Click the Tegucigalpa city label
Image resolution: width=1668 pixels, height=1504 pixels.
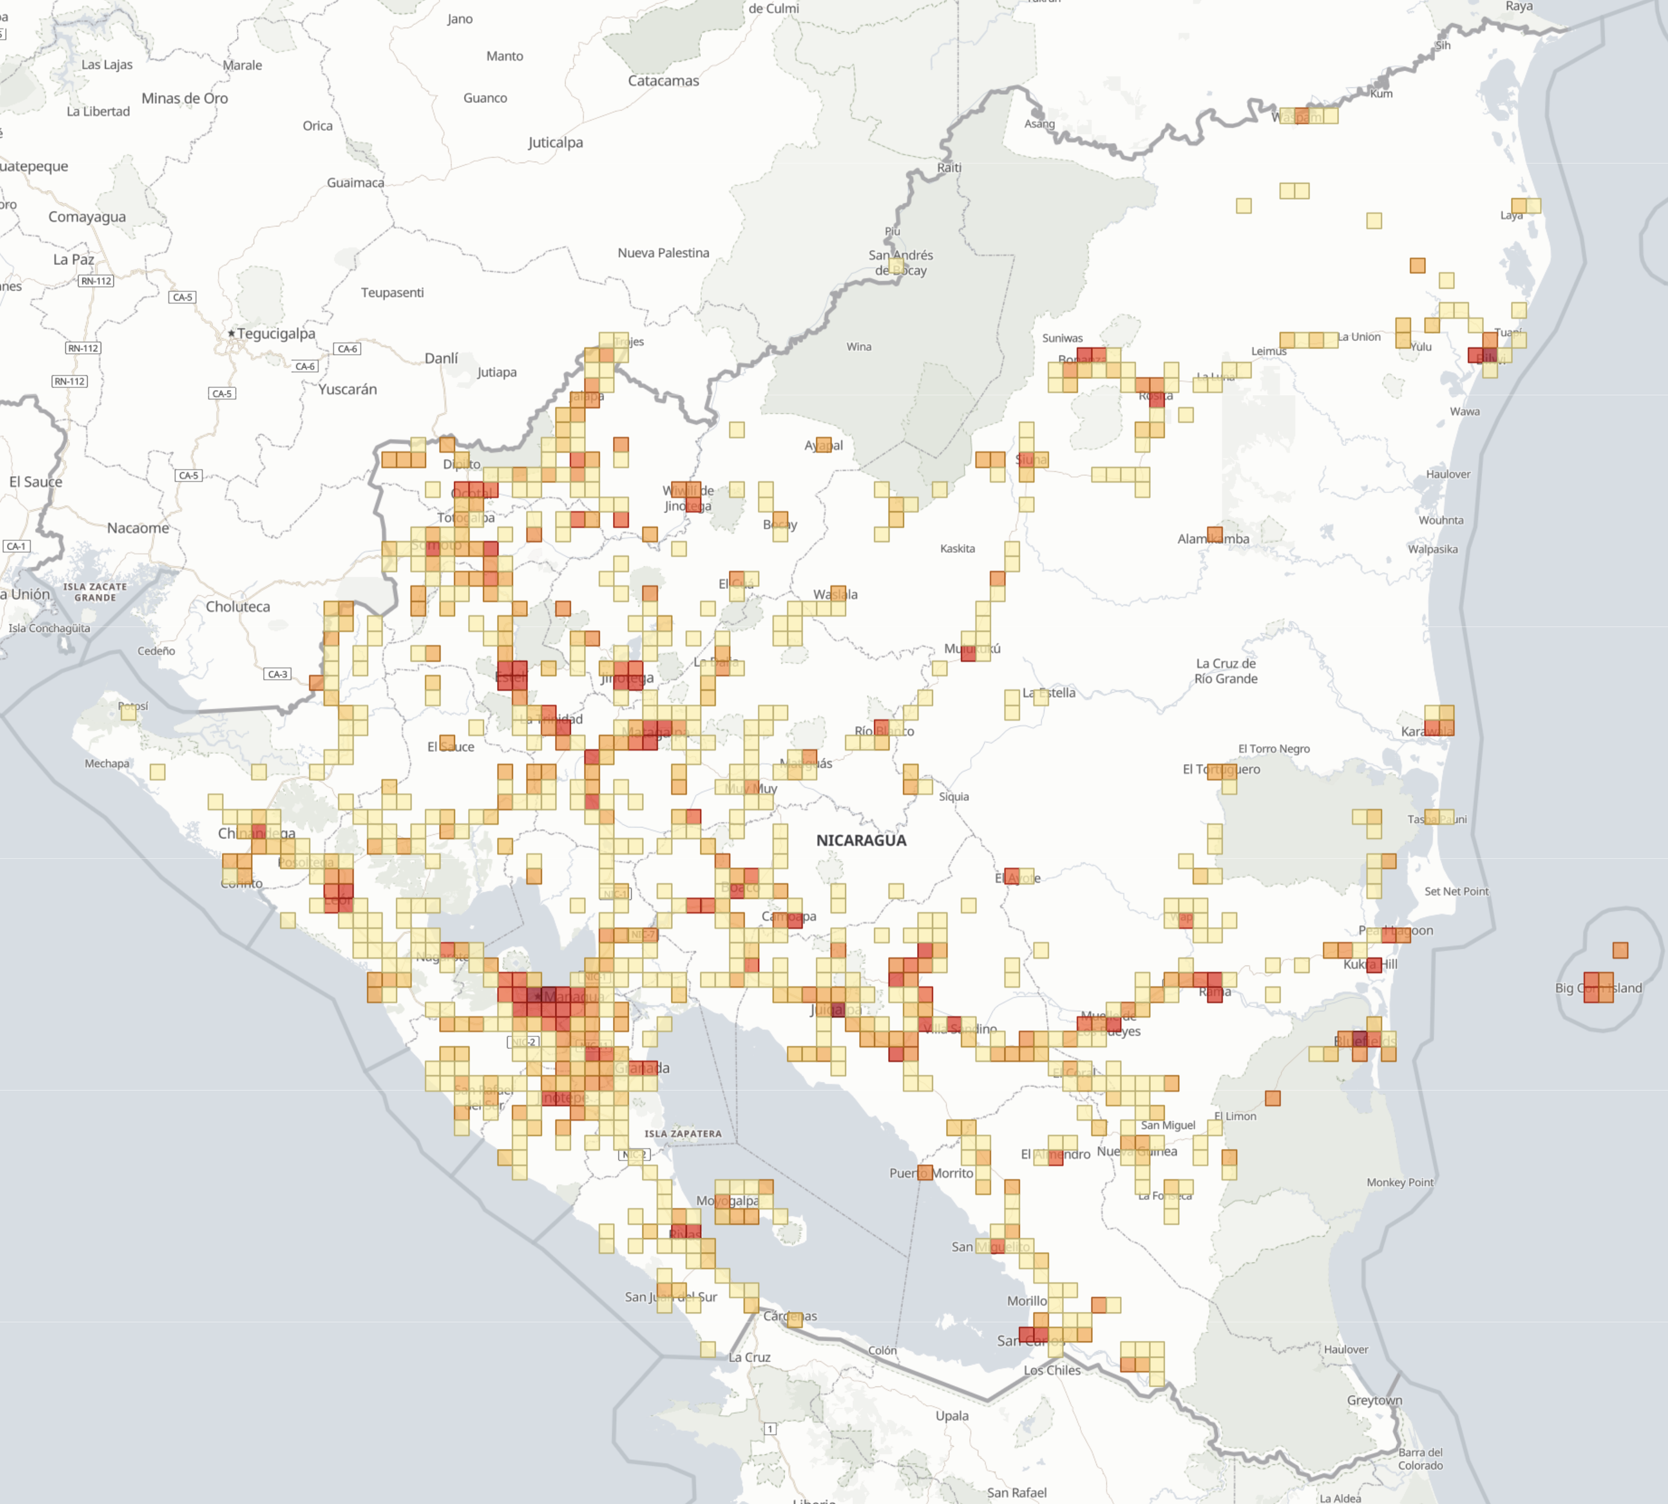click(x=276, y=334)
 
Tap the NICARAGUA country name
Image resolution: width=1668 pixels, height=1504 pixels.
click(x=861, y=841)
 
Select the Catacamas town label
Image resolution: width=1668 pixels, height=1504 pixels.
click(x=663, y=81)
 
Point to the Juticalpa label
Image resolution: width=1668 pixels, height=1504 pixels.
click(x=555, y=142)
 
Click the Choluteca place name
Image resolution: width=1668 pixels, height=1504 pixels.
click(x=238, y=607)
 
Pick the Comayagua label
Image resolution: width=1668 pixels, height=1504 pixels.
click(x=87, y=217)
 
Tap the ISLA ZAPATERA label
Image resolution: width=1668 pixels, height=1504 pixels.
click(x=683, y=1134)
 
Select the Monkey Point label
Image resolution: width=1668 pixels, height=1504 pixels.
click(x=1399, y=1182)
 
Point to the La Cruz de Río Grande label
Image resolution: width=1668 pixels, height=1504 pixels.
click(x=1226, y=671)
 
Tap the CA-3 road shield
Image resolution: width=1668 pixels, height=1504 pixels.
click(x=278, y=674)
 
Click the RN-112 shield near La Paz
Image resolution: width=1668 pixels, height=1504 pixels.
click(x=96, y=281)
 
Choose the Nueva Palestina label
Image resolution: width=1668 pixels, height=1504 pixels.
click(x=663, y=253)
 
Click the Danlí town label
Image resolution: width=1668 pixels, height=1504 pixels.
click(x=441, y=358)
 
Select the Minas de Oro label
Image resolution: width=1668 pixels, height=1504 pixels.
click(x=184, y=98)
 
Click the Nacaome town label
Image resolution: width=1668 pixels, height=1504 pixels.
click(x=138, y=528)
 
